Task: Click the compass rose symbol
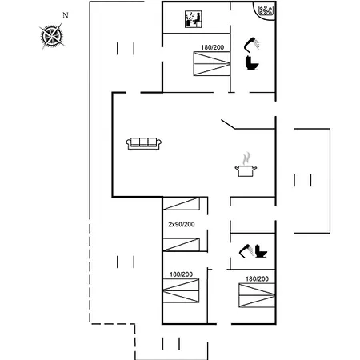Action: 52,36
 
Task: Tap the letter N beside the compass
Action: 66,15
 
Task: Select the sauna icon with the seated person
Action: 194,19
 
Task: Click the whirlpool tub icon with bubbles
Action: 266,10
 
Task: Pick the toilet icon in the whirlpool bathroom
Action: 252,63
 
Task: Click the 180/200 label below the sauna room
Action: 212,47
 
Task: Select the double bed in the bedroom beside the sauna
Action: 212,64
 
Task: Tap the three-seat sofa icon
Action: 144,144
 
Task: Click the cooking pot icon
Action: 246,170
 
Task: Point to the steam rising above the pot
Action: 246,158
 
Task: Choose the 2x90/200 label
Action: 182,224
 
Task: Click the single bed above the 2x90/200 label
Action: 182,203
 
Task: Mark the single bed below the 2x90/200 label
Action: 182,245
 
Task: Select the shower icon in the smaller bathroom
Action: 246,251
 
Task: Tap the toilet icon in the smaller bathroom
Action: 261,251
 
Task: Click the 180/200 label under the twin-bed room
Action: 182,274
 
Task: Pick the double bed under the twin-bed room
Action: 181,290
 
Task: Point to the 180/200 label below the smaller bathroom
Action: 257,279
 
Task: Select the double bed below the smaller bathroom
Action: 257,295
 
